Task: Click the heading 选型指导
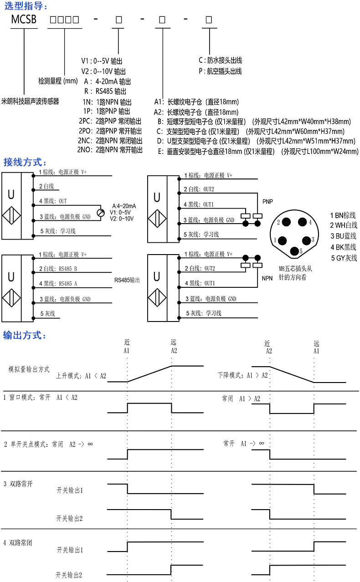point(25,6)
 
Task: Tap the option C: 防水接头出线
point(220,60)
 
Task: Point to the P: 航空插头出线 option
point(220,71)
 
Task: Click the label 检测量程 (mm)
point(58,81)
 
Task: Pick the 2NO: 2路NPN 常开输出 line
point(110,149)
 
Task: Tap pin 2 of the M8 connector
point(287,222)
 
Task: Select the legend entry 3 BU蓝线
point(344,236)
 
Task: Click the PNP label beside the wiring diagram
point(267,201)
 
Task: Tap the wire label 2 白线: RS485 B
point(58,269)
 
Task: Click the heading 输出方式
point(25,336)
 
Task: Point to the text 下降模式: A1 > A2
point(242,376)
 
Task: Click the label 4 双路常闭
point(18,543)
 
